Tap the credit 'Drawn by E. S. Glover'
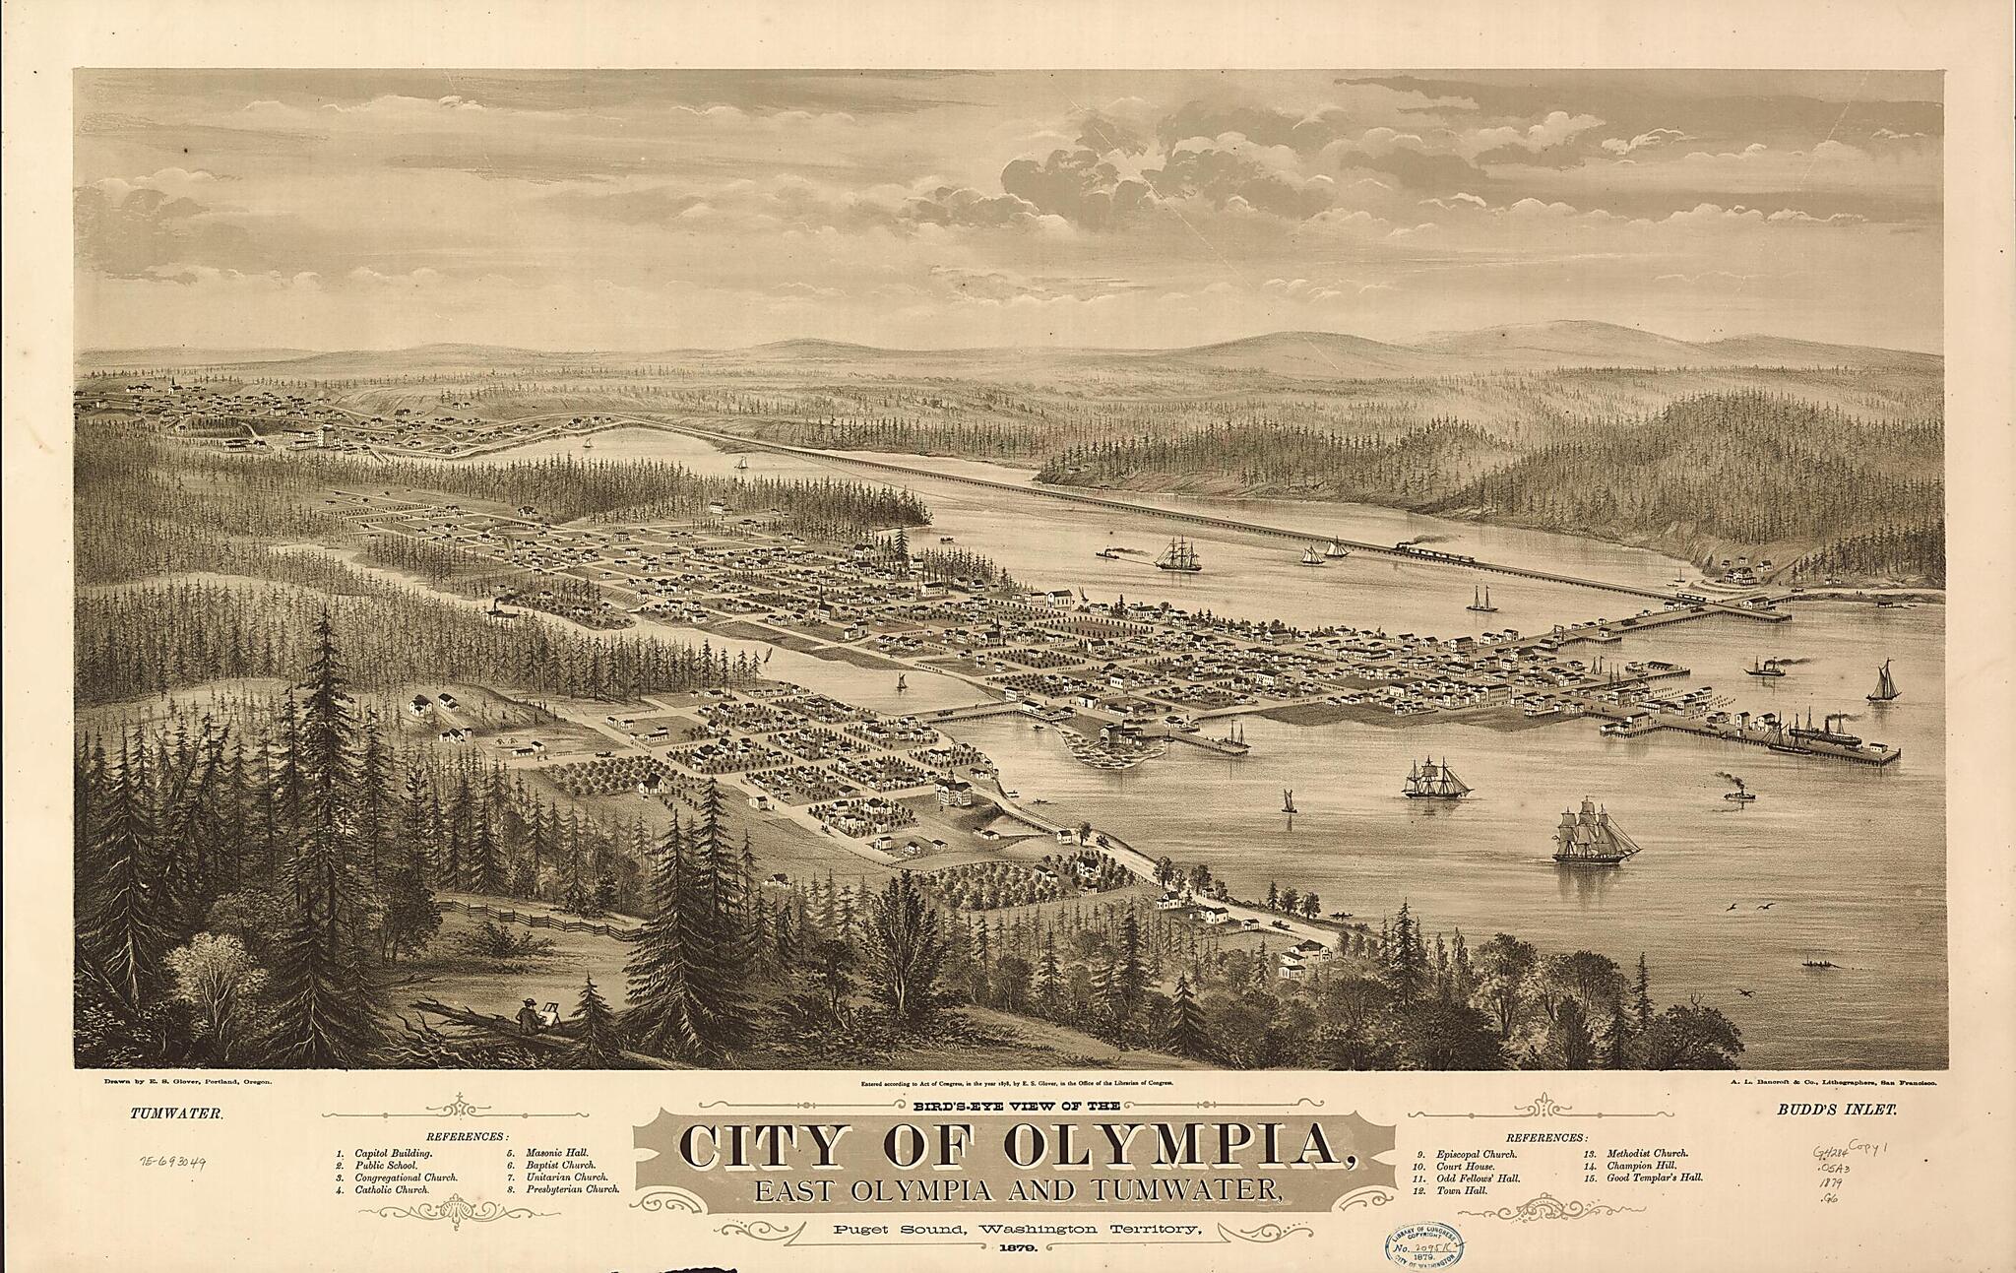coord(187,1081)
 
